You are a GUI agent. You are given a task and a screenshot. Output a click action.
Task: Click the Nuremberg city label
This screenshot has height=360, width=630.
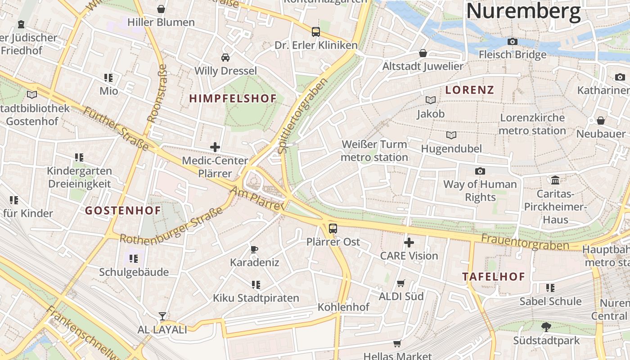click(x=523, y=12)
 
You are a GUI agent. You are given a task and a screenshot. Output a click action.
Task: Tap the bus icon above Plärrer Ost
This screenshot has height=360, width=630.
click(x=333, y=228)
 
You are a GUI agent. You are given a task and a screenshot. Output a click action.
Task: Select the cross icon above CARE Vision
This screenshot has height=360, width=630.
click(x=409, y=243)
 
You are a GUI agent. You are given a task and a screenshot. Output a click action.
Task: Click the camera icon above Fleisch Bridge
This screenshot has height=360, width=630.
click(x=512, y=41)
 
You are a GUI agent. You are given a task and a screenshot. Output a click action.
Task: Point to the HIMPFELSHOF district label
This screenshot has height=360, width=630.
click(x=233, y=99)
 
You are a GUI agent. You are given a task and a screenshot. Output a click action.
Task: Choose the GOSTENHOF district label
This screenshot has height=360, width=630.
click(x=123, y=210)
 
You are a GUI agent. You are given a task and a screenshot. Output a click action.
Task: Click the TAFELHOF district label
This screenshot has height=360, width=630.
click(x=494, y=277)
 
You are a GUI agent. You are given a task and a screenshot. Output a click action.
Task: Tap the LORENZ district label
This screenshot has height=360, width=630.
click(x=469, y=90)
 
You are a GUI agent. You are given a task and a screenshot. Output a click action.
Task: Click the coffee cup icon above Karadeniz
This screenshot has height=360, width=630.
click(x=254, y=249)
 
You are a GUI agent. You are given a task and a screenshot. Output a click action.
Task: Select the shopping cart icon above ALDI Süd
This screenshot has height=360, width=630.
click(x=401, y=283)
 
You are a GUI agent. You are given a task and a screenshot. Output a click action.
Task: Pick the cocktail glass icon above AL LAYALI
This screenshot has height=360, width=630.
click(x=162, y=316)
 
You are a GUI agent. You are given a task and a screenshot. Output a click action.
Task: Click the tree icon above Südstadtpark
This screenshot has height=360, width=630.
click(x=546, y=327)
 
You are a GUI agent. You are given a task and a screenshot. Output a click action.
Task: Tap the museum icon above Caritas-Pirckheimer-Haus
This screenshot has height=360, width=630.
click(x=555, y=180)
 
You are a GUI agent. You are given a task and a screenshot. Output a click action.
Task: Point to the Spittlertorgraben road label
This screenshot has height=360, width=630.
click(x=302, y=116)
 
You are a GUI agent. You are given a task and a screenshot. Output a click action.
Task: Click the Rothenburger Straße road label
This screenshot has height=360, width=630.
click(x=171, y=226)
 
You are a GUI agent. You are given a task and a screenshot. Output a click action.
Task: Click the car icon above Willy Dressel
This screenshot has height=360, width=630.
click(x=225, y=57)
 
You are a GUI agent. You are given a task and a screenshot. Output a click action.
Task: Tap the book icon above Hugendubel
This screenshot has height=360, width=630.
click(x=451, y=135)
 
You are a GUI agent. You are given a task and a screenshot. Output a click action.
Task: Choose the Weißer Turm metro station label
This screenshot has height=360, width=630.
click(x=374, y=151)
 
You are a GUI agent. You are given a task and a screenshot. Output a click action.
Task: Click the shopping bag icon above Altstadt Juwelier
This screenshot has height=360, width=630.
click(x=423, y=53)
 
